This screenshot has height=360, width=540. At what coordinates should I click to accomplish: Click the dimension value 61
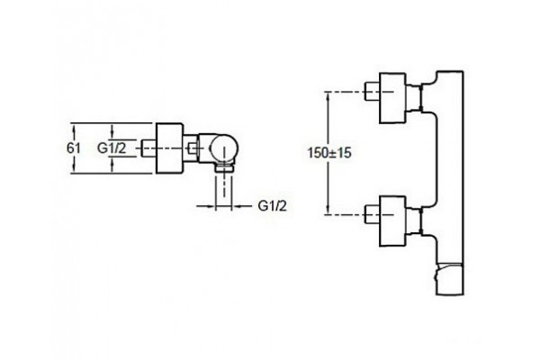pyautogui.click(x=74, y=148)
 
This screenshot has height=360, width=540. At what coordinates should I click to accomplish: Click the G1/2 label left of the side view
pyautogui.click(x=112, y=148)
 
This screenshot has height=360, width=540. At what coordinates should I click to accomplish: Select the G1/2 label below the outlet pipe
pyautogui.click(x=272, y=206)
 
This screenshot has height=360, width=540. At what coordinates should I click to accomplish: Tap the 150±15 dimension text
pyautogui.click(x=329, y=153)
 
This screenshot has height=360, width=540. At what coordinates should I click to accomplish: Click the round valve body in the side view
pyautogui.click(x=224, y=148)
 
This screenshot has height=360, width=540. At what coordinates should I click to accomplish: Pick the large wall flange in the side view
pyautogui.click(x=169, y=148)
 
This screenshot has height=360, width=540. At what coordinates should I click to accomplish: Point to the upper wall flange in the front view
pyautogui.click(x=392, y=98)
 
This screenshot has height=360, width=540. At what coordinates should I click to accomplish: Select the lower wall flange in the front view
pyautogui.click(x=392, y=221)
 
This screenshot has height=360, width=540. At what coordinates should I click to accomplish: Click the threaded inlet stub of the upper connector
pyautogui.click(x=372, y=91)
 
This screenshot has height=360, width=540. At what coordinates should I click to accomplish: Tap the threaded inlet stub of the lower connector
pyautogui.click(x=372, y=214)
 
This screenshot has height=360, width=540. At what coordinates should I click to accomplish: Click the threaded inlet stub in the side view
pyautogui.click(x=148, y=148)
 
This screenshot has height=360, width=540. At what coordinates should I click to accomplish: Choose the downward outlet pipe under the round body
pyautogui.click(x=224, y=191)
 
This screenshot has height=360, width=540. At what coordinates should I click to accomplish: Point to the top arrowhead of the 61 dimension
pyautogui.click(x=74, y=127)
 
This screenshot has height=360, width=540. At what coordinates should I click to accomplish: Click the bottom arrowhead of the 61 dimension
pyautogui.click(x=74, y=168)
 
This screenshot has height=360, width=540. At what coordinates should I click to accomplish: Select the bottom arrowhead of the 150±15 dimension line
pyautogui.click(x=328, y=210)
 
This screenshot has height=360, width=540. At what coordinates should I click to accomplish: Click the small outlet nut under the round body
pyautogui.click(x=224, y=168)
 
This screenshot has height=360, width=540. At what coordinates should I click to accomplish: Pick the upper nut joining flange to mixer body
pyautogui.click(x=421, y=98)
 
